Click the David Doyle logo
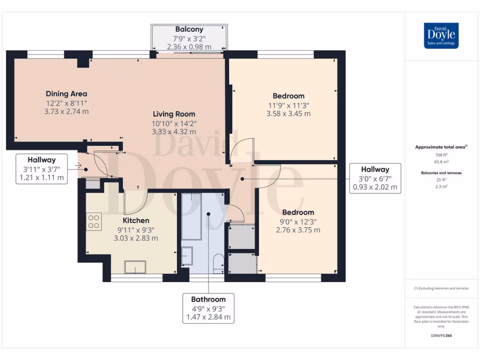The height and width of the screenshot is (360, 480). coord(441,36)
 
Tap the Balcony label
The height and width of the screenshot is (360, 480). coord(189,30)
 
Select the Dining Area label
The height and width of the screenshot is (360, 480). coord(67,94)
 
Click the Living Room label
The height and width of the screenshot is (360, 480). coord(174,114)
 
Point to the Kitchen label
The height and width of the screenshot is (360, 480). coord(136,220)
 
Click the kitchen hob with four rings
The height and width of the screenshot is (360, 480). coord(94,222)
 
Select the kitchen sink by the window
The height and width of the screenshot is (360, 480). coord(135,267)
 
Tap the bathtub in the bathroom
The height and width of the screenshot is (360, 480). coord(192,217)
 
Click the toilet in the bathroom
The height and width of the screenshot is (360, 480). coord(218,263)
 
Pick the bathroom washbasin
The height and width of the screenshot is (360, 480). coord(187,256)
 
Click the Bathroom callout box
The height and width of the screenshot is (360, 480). coord(209,308)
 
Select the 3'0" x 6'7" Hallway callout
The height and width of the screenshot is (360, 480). coord(375,179)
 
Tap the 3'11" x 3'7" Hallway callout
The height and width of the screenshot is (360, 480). coord(42,169)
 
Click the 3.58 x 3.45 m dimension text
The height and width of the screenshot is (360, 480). coord(288,114)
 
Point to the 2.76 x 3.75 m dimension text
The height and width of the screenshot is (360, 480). coord(298,230)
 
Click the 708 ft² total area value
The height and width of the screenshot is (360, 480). coord(441,155)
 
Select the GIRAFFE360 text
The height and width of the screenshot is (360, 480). coord(441,336)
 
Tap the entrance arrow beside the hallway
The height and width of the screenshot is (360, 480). coord(78,166)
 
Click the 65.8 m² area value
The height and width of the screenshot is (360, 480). coord(441,162)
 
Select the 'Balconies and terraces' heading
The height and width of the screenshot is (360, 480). coord(441,173)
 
